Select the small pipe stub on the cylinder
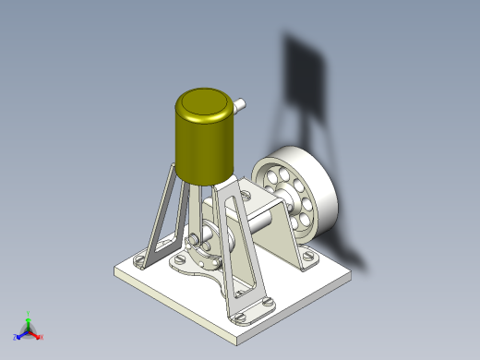[240, 105]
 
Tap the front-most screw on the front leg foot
[242, 316]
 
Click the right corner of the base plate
[352, 272]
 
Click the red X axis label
[42, 337]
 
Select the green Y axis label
[30, 314]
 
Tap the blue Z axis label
[17, 337]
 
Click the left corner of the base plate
[115, 270]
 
